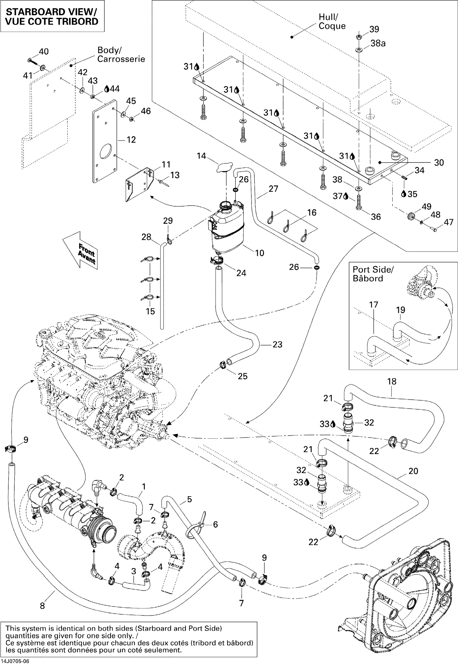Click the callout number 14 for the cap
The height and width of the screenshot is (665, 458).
pos(201,156)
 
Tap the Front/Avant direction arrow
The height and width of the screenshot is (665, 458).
pos(81,250)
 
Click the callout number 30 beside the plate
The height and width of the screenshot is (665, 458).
pos(439,163)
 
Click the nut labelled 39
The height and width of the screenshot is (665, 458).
pos(358,37)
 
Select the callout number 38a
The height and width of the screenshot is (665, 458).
pos(378,43)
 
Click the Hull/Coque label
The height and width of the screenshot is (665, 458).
pos(332,22)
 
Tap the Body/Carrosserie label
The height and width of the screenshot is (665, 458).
pos(121,54)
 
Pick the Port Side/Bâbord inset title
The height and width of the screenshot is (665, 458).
pos(373,274)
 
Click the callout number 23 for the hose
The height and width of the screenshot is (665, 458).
pos(277,344)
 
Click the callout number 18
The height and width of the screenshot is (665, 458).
pos(392,382)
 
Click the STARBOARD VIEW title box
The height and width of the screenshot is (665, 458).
pos(52,16)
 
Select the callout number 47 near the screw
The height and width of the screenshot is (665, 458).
pos(449,222)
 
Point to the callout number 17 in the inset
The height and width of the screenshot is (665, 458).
pos(373,304)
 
